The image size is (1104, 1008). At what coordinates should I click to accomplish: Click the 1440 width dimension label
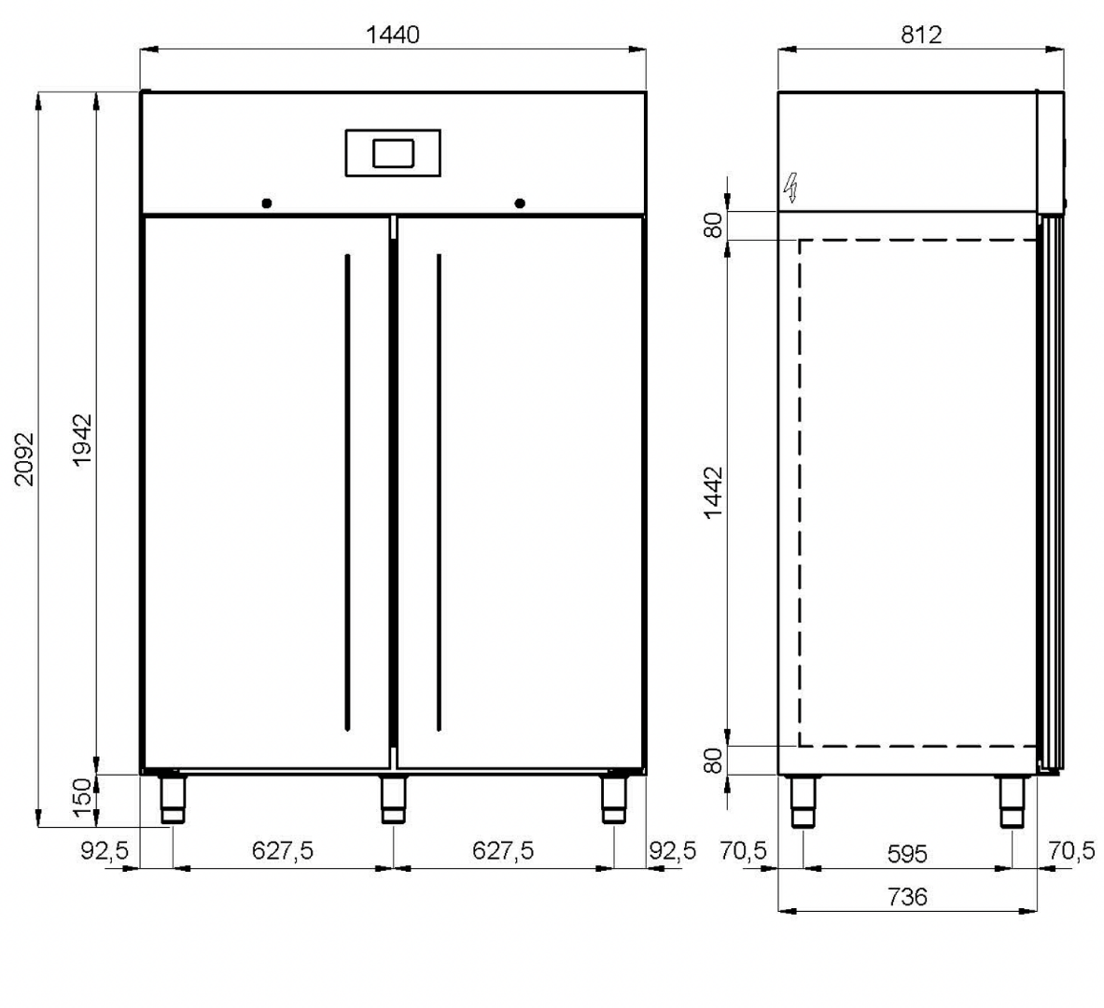(x=393, y=35)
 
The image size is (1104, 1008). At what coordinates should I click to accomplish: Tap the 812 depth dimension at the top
(x=921, y=35)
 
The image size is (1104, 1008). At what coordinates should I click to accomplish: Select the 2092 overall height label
(x=24, y=459)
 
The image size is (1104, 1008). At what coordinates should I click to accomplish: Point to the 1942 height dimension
(x=82, y=440)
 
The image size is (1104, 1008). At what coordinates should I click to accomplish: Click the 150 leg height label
(x=82, y=797)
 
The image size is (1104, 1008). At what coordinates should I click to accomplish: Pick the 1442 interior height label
(x=713, y=493)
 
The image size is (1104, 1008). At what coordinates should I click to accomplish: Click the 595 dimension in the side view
(x=907, y=854)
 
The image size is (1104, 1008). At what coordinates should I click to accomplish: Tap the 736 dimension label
(x=907, y=897)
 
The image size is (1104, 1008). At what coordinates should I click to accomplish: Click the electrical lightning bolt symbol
(x=791, y=188)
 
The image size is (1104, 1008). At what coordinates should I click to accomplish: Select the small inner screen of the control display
(x=393, y=154)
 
